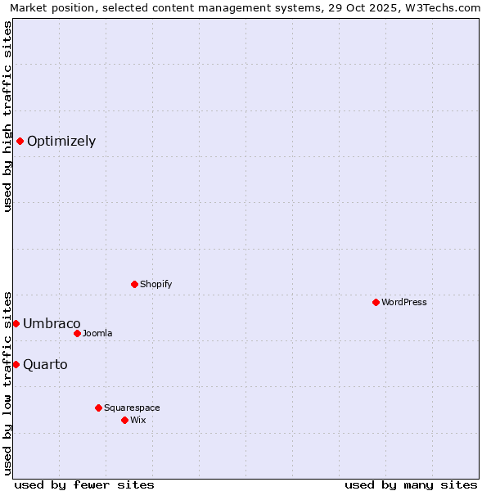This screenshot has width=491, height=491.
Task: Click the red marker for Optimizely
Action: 20,141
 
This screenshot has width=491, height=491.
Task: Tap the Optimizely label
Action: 61,141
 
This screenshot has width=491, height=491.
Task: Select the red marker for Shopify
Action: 134,284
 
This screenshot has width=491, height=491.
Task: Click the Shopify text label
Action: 155,284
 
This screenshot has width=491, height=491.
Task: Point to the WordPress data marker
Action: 376,302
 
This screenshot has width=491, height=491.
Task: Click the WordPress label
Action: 404,302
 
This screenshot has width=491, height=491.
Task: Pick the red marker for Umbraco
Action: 16,323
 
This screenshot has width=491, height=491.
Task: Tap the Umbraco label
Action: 52,323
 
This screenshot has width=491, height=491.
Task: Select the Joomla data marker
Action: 77,333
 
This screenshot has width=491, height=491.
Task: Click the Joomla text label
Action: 97,333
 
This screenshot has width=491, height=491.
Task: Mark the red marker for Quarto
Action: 16,364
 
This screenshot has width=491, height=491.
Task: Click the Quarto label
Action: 45,364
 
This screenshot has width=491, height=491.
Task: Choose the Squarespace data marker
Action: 98,408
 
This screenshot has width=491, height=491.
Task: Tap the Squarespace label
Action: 132,408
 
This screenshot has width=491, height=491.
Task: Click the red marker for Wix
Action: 124,420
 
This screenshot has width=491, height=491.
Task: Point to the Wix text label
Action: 138,420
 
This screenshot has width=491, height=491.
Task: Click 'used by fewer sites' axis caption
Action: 84,484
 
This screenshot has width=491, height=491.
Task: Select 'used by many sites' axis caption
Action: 411,484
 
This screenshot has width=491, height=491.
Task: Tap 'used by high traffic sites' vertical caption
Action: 7,116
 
